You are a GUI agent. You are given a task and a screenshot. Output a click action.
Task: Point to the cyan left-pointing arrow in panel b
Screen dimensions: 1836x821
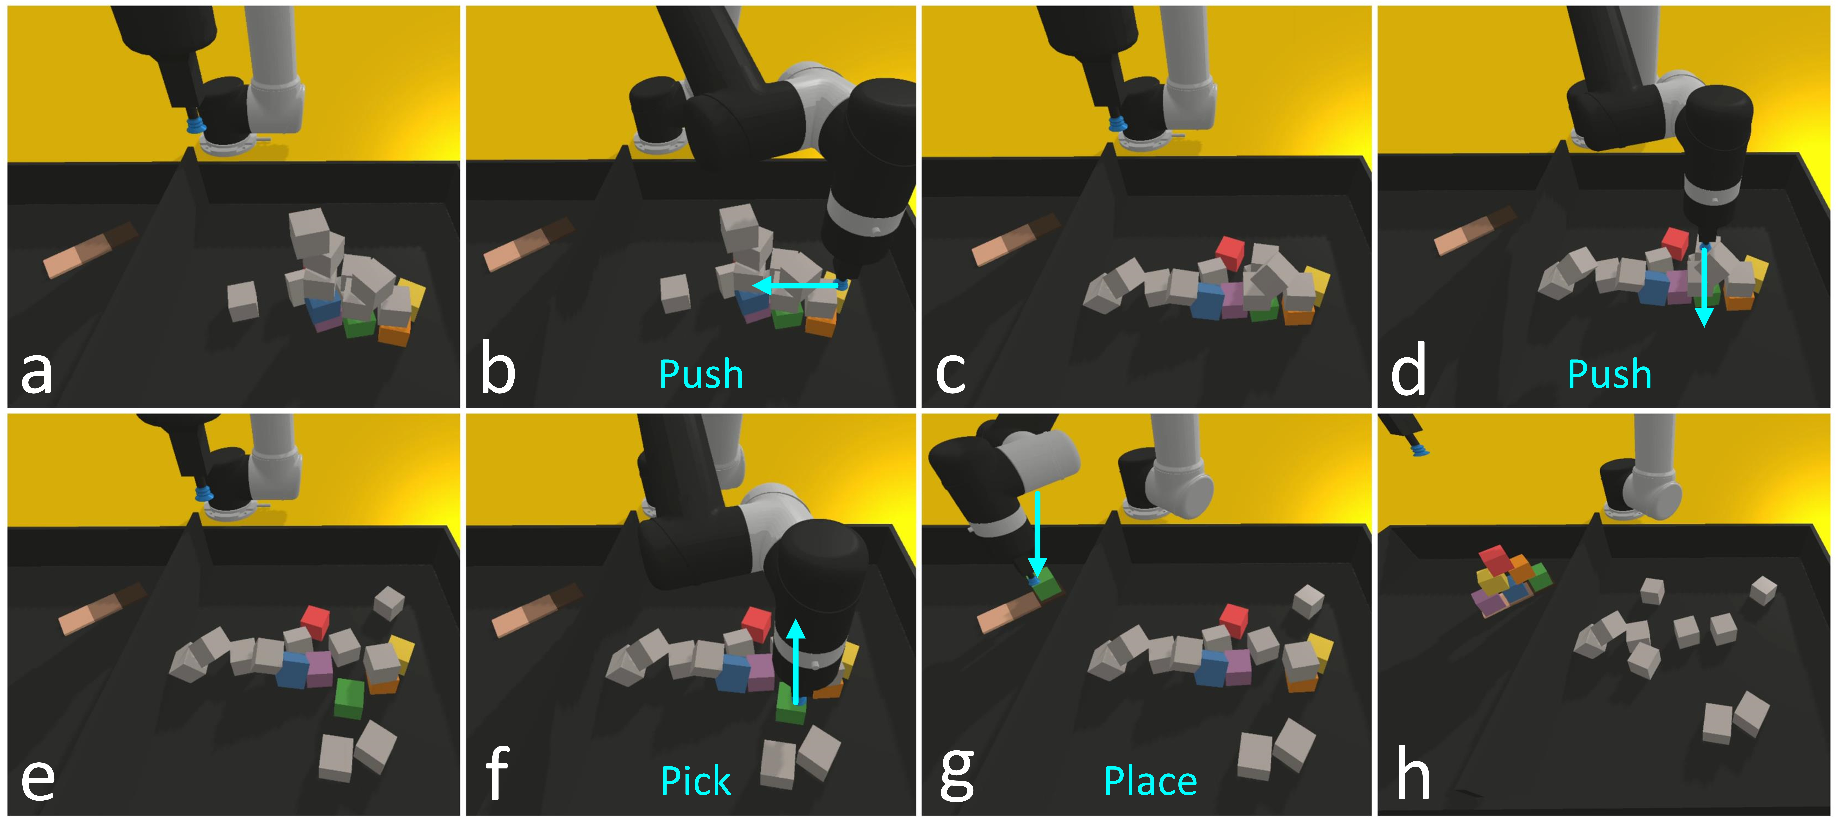tap(795, 286)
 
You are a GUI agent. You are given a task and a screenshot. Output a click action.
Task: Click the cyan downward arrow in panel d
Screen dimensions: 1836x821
tap(1704, 285)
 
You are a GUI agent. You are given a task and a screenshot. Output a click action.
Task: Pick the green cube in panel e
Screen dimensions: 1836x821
tap(349, 699)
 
